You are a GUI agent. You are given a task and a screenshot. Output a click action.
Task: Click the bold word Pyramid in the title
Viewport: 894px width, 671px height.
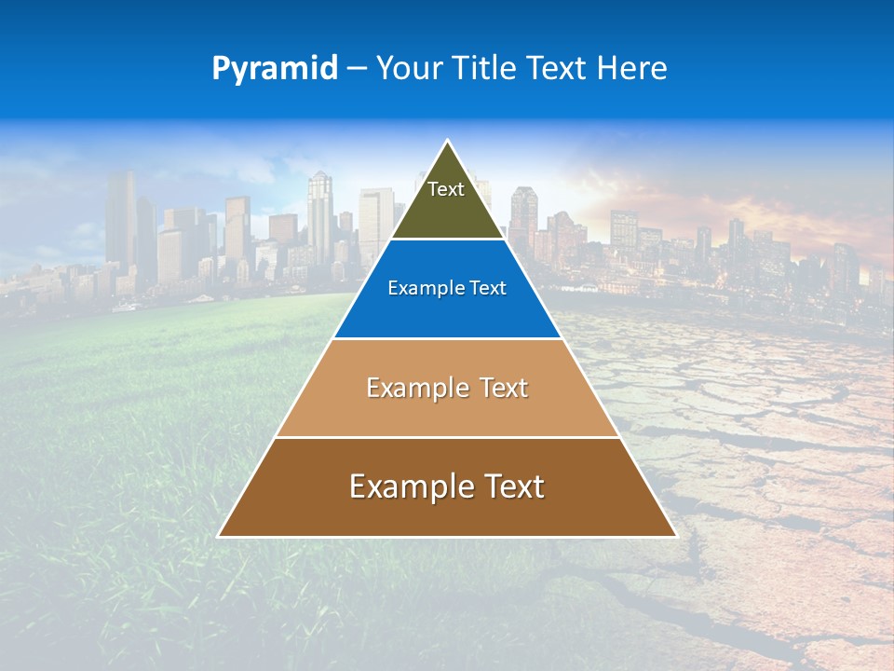pyautogui.click(x=275, y=68)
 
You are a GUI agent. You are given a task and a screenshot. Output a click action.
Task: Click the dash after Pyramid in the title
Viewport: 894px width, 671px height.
pyautogui.click(x=357, y=69)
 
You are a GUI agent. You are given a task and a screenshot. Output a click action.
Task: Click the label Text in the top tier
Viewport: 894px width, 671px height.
pyautogui.click(x=446, y=189)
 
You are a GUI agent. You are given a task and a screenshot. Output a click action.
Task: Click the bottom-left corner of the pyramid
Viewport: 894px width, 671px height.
pyautogui.click(x=220, y=536)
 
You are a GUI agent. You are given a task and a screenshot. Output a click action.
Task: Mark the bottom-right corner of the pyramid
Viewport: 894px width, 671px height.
pyautogui.click(x=675, y=536)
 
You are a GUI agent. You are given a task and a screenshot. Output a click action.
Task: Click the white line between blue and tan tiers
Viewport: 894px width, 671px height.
pyautogui.click(x=447, y=338)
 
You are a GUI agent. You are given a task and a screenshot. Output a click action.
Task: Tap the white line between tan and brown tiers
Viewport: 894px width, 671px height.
pyautogui.click(x=447, y=437)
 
